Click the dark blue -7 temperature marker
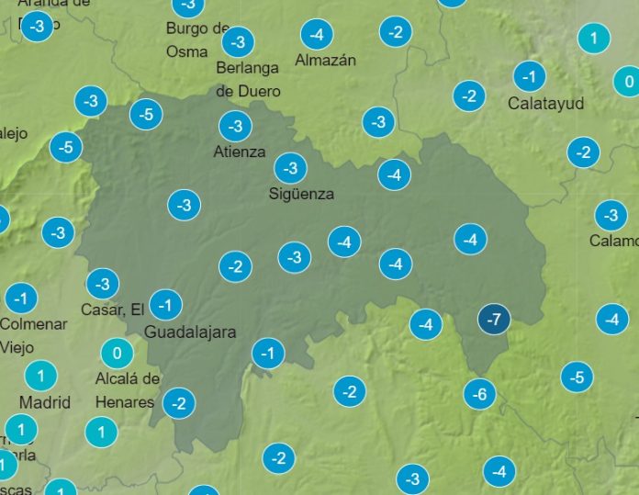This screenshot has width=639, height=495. coord(494,320)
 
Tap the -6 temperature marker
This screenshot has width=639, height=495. coord(479,395)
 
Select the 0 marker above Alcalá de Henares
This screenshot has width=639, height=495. coord(117,354)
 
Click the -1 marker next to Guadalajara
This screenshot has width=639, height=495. coord(165,304)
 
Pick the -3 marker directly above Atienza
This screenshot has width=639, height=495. coord(235,126)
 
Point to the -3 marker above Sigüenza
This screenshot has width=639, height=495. coord(291,167)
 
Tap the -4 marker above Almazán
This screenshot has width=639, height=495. coord(317,36)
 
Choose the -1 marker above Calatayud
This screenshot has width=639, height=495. coord(530,76)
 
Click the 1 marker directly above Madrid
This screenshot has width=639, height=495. coord(40,375)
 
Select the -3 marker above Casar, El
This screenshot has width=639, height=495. coord(103,284)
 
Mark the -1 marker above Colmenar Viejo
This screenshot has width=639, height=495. coord(21,298)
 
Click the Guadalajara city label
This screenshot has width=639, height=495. coord(190,332)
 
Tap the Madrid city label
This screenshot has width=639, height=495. coord(45,402)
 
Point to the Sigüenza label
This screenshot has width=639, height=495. coord(301,194)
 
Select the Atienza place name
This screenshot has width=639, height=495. coord(240,152)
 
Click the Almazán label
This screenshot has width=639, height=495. coord(325,61)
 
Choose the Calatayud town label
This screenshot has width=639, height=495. coord(545,104)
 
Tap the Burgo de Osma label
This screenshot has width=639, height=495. coord(197,39)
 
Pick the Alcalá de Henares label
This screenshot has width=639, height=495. coord(127,390)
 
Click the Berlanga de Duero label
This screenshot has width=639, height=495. coord(248,79)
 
